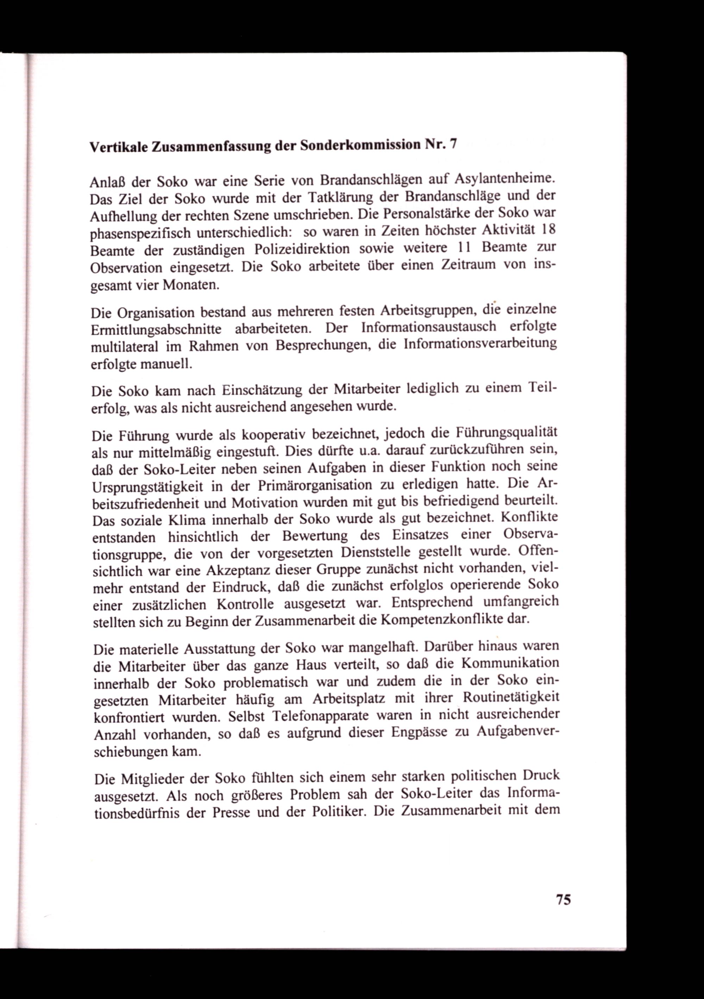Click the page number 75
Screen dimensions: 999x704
pos(563,899)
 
